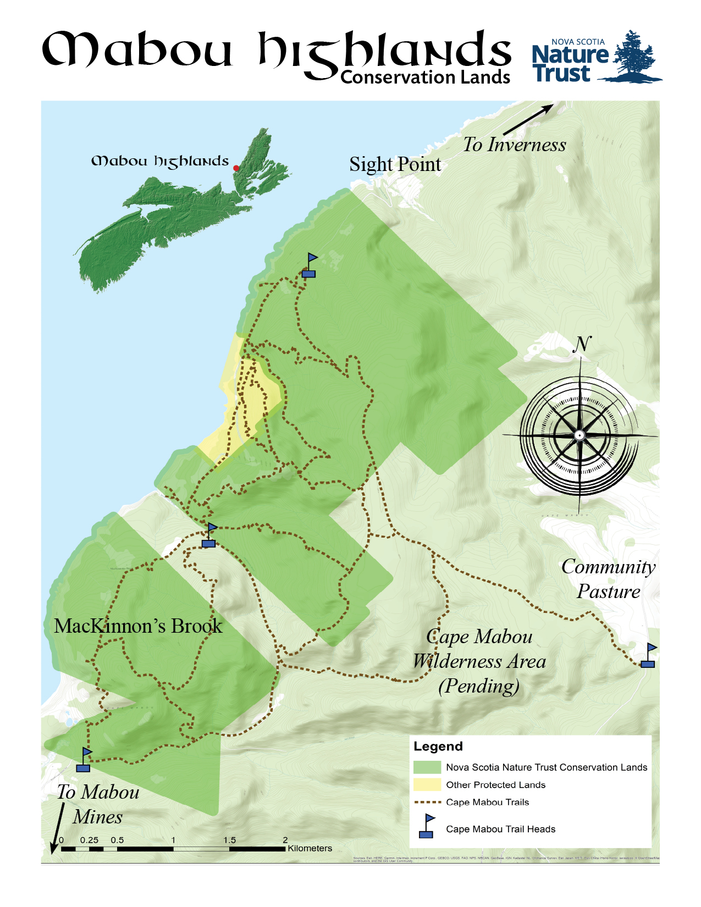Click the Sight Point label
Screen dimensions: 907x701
[395, 164]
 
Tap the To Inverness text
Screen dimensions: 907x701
[514, 145]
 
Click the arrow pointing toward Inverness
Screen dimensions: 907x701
[528, 119]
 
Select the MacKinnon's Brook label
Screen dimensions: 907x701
[138, 626]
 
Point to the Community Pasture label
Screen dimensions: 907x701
[608, 579]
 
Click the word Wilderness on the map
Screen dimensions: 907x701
[479, 661]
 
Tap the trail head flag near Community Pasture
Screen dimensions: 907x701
[649, 656]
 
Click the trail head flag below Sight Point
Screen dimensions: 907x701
[310, 266]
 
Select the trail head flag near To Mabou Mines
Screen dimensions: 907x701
[84, 760]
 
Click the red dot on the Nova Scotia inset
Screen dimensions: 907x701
[236, 168]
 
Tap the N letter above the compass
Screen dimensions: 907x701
[582, 344]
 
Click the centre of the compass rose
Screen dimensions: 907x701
[579, 435]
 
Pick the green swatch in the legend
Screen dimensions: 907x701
[427, 767]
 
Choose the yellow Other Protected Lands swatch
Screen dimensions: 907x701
[427, 784]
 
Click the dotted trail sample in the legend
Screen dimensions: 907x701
[427, 802]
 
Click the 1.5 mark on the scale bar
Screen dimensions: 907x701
[229, 840]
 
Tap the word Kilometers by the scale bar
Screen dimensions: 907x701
[310, 848]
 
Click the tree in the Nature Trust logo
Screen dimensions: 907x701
[633, 55]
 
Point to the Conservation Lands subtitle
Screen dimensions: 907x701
[425, 78]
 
